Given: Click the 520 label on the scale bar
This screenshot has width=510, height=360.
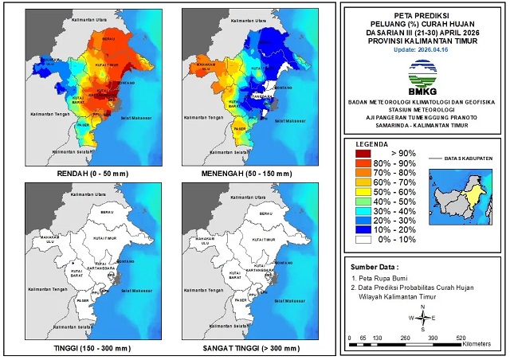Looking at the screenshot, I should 461,338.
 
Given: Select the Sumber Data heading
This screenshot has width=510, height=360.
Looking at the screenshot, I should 375,267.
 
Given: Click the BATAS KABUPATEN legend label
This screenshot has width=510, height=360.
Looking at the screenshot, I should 468,158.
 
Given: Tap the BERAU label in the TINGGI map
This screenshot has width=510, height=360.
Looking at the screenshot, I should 108,213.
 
